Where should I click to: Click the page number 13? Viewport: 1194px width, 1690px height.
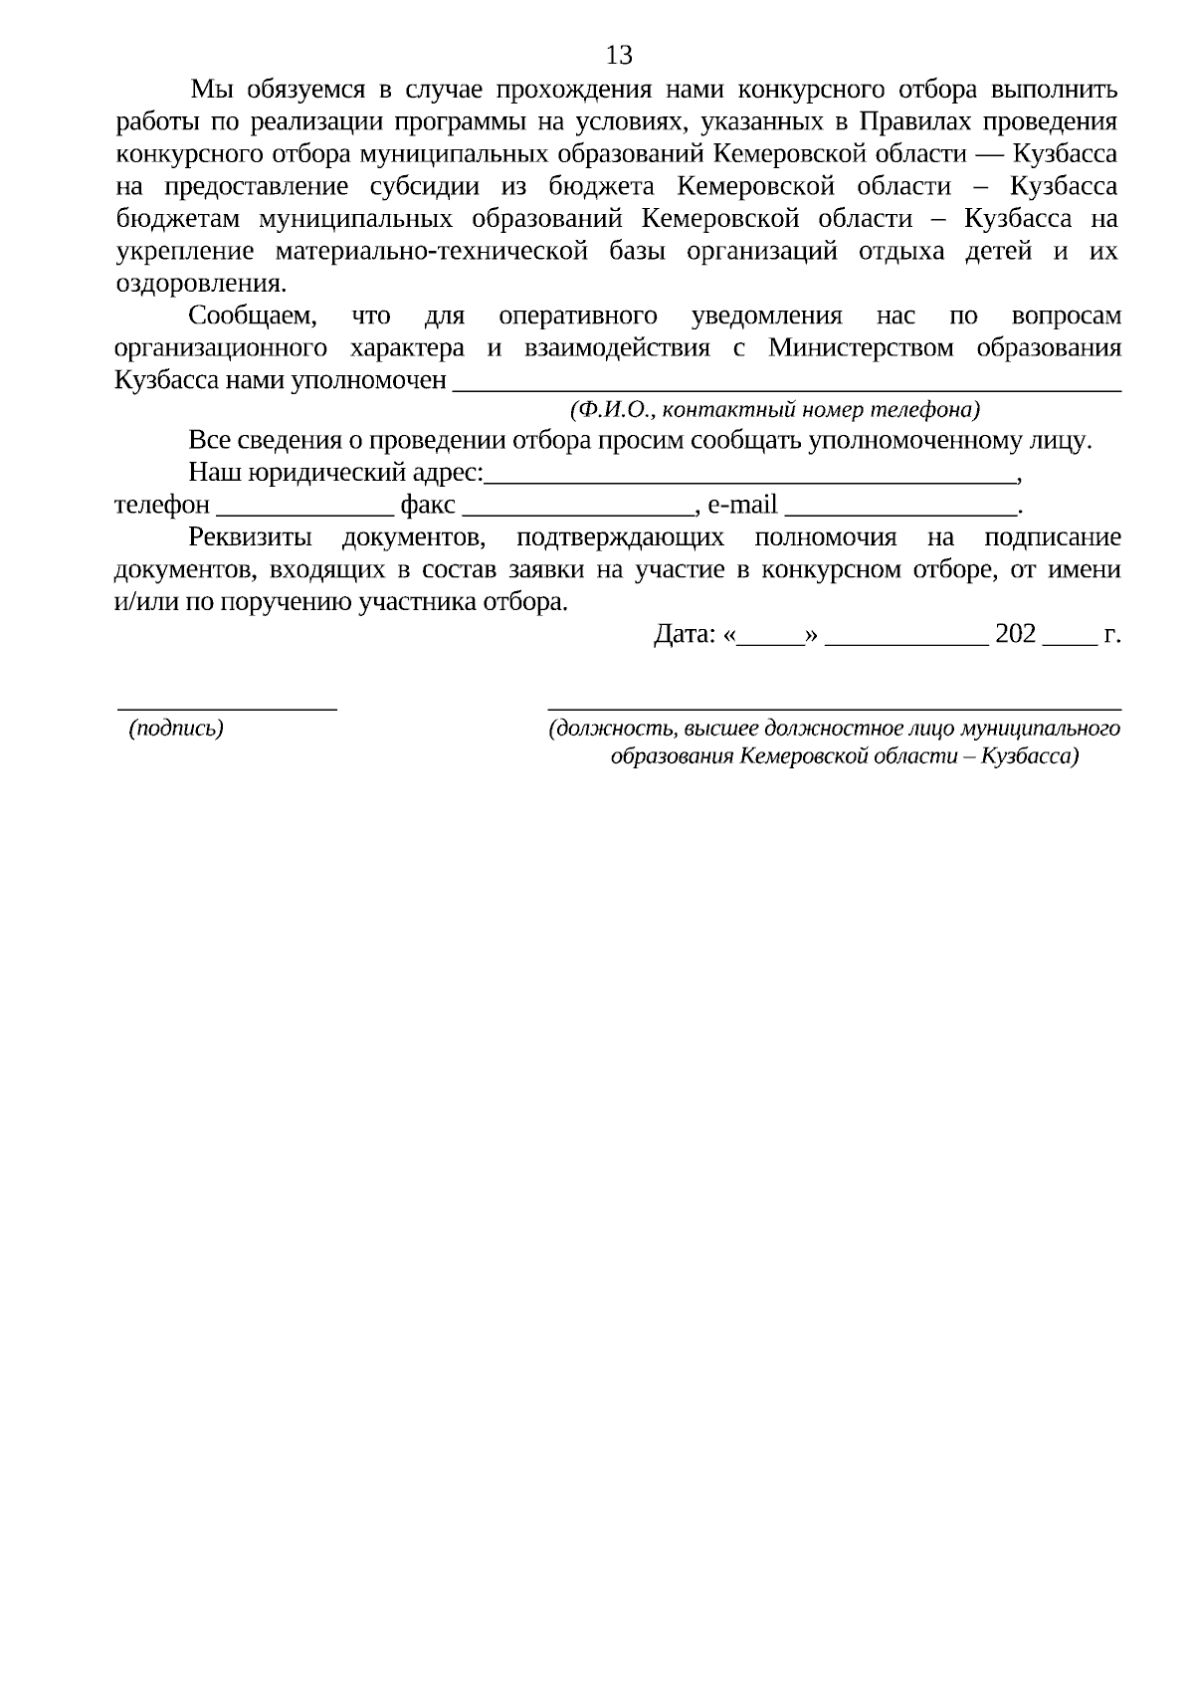point(619,54)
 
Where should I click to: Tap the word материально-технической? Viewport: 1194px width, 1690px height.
point(432,251)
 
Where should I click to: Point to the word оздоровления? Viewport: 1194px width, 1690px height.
point(199,283)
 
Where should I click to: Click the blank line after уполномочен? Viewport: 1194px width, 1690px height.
point(786,384)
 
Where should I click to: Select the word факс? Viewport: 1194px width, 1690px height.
point(428,506)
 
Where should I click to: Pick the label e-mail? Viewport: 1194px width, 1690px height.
point(741,506)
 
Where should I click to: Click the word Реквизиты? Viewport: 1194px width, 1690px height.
point(250,538)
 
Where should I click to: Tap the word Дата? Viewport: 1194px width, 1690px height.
point(685,634)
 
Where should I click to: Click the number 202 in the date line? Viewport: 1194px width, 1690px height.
point(1015,634)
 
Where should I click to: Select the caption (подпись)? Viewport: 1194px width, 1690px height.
point(176,729)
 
